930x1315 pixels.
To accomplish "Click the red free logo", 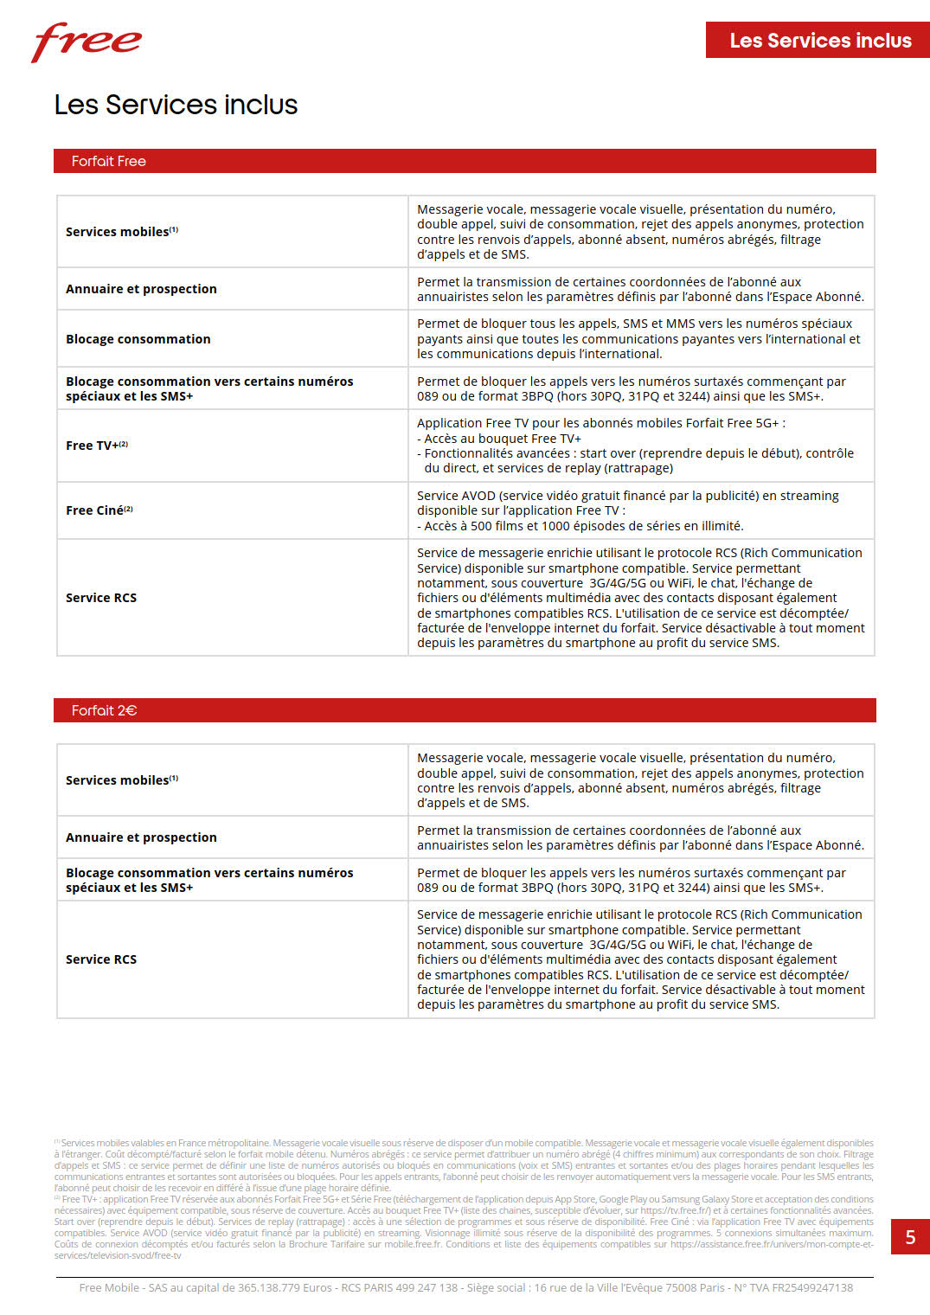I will point(87,42).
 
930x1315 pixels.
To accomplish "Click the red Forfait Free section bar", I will point(465,161).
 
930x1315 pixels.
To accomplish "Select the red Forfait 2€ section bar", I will point(465,710).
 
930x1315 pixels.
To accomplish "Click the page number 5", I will point(910,1237).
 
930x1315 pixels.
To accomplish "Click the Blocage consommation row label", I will point(138,339).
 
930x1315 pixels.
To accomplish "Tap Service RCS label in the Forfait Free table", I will point(101,598).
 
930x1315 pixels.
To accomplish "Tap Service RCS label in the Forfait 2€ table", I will point(101,959).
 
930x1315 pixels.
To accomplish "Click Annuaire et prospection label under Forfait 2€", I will point(141,837).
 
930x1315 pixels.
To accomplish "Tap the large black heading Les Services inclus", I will point(176,105).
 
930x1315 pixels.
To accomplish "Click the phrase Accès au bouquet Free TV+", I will point(503,439).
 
